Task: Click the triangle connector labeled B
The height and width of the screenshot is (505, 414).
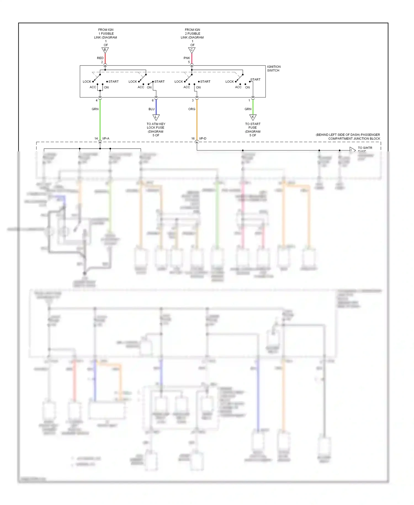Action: point(105,50)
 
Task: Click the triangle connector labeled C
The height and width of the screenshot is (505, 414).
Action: point(192,50)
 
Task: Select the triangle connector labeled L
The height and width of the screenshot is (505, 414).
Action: point(156,117)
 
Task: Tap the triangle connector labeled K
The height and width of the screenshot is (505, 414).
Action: point(253,117)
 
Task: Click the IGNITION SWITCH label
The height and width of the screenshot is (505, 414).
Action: point(274,69)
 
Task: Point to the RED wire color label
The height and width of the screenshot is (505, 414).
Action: point(100,58)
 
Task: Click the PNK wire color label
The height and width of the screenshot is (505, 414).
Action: point(187,58)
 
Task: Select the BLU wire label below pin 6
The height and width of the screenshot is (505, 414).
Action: point(152,109)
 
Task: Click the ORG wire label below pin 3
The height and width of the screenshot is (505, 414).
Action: point(192,109)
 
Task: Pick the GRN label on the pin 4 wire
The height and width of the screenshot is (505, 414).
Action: point(95,109)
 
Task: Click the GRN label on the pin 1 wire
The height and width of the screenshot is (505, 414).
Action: point(248,109)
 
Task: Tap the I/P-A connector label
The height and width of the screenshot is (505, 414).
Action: point(106,138)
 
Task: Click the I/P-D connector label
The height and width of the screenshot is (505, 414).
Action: point(203,138)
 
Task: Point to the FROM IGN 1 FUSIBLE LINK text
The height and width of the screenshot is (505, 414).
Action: point(106,35)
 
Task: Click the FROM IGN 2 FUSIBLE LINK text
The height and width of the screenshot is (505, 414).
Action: point(192,35)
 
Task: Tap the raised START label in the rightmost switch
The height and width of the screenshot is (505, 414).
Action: point(255,80)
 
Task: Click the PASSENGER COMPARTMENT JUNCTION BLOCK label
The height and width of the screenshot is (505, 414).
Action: point(348,136)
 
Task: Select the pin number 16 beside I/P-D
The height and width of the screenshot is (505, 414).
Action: point(193,138)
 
